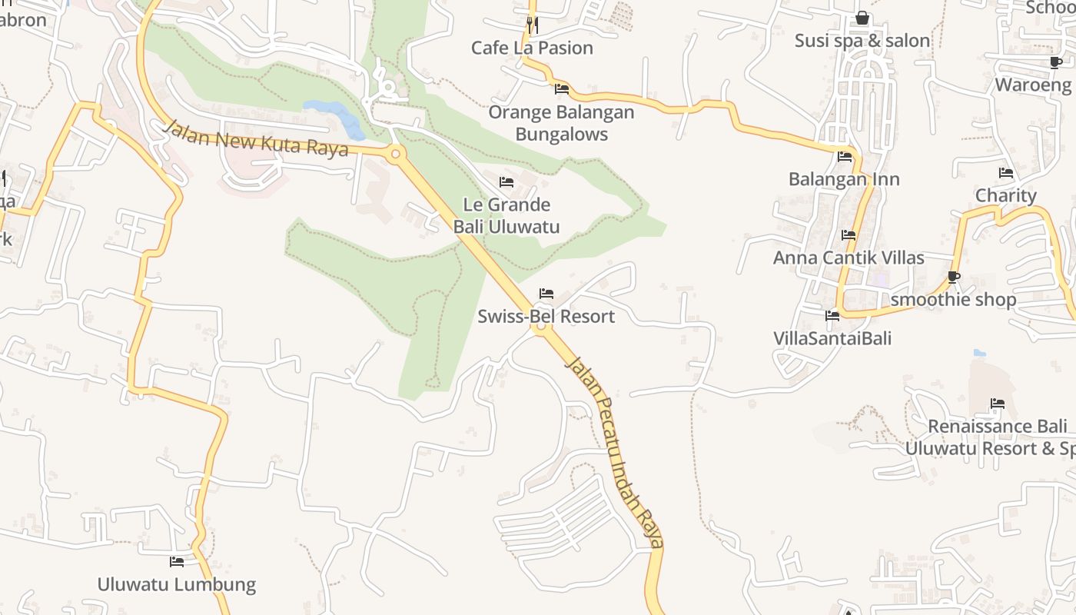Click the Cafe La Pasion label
[x=532, y=48]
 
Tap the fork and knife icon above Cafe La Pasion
[x=531, y=25]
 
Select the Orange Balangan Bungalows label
[x=562, y=123]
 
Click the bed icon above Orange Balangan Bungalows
[x=562, y=89]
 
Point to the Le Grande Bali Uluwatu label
[x=506, y=216]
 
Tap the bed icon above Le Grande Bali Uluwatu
[x=506, y=182]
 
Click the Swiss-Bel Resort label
[x=546, y=316]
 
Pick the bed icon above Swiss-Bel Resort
[x=546, y=294]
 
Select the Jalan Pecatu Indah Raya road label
[x=614, y=452]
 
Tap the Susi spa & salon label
[x=862, y=41]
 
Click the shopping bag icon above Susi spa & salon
[x=862, y=18]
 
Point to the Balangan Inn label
[x=844, y=179]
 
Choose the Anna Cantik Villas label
[x=849, y=258]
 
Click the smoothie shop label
[x=953, y=299]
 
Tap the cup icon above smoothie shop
[x=954, y=277]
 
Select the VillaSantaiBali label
[x=832, y=338]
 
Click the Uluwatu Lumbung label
[x=176, y=584]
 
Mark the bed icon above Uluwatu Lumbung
[x=176, y=562]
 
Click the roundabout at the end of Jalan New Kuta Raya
[x=396, y=155]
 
